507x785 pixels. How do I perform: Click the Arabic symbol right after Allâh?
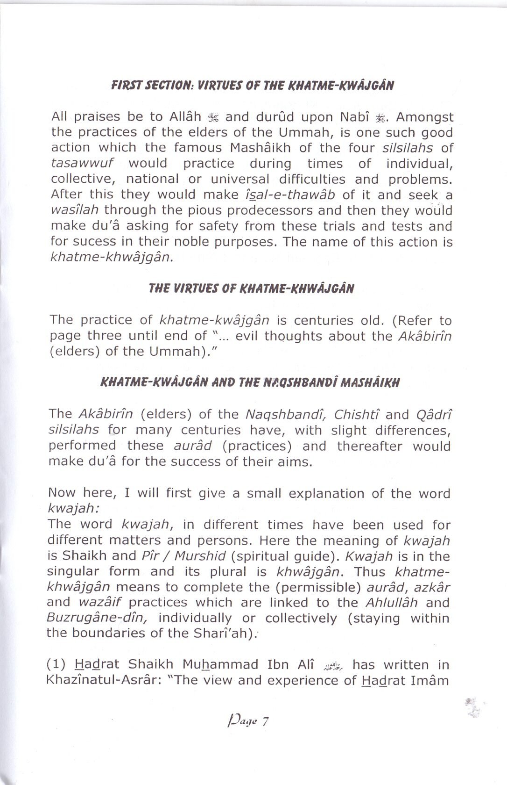click(213, 117)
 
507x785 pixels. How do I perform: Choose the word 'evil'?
click(247, 336)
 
